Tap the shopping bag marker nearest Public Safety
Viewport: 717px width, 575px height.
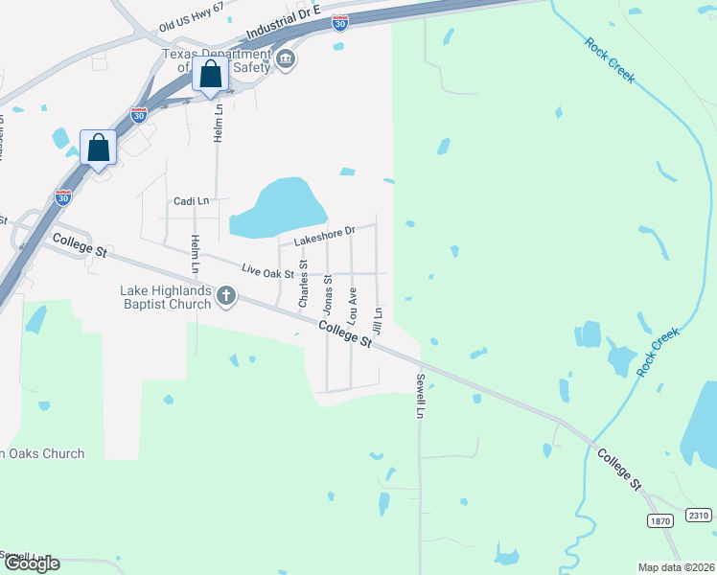pos(210,74)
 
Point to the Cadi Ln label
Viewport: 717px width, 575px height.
pos(191,201)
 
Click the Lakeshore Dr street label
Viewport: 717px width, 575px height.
pos(324,233)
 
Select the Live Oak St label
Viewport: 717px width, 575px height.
pos(267,271)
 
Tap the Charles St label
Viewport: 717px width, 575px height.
pos(303,284)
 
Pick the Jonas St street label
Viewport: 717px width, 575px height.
pos(327,294)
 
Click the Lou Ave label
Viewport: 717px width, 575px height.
pos(352,302)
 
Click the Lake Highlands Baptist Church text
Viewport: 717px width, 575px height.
pos(165,297)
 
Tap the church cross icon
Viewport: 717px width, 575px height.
pos(226,295)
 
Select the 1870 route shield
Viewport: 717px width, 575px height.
pos(659,520)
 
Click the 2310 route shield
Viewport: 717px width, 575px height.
pos(699,516)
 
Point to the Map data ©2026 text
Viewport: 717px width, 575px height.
pos(675,567)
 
